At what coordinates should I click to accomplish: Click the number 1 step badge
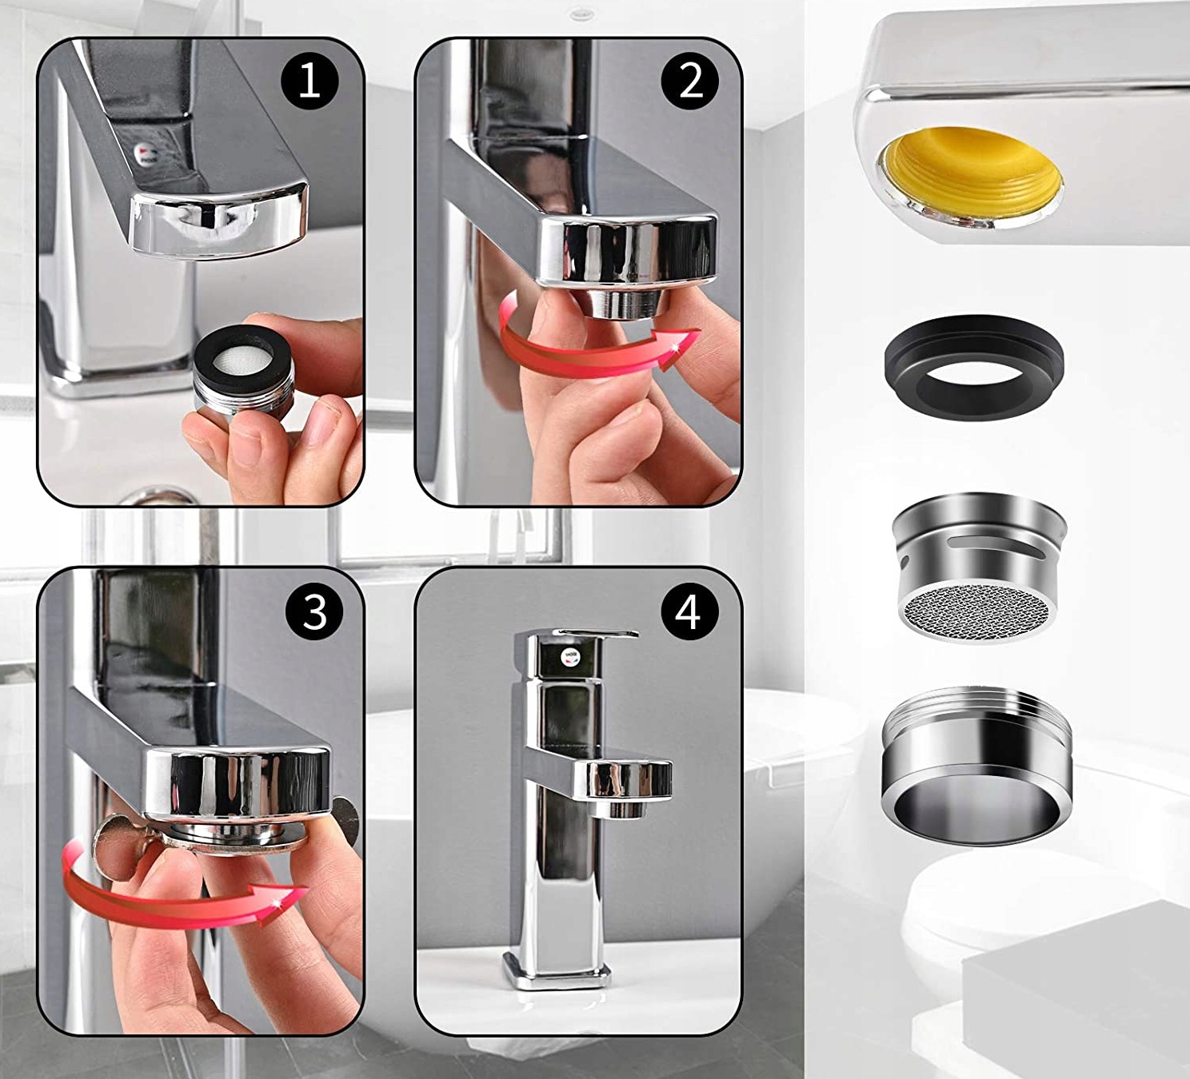(309, 82)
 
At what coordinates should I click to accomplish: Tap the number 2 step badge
(690, 82)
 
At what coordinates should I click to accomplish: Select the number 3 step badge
(314, 611)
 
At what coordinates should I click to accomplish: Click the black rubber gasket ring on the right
(973, 367)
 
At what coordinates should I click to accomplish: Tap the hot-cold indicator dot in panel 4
(572, 657)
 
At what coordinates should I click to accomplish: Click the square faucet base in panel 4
(556, 972)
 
